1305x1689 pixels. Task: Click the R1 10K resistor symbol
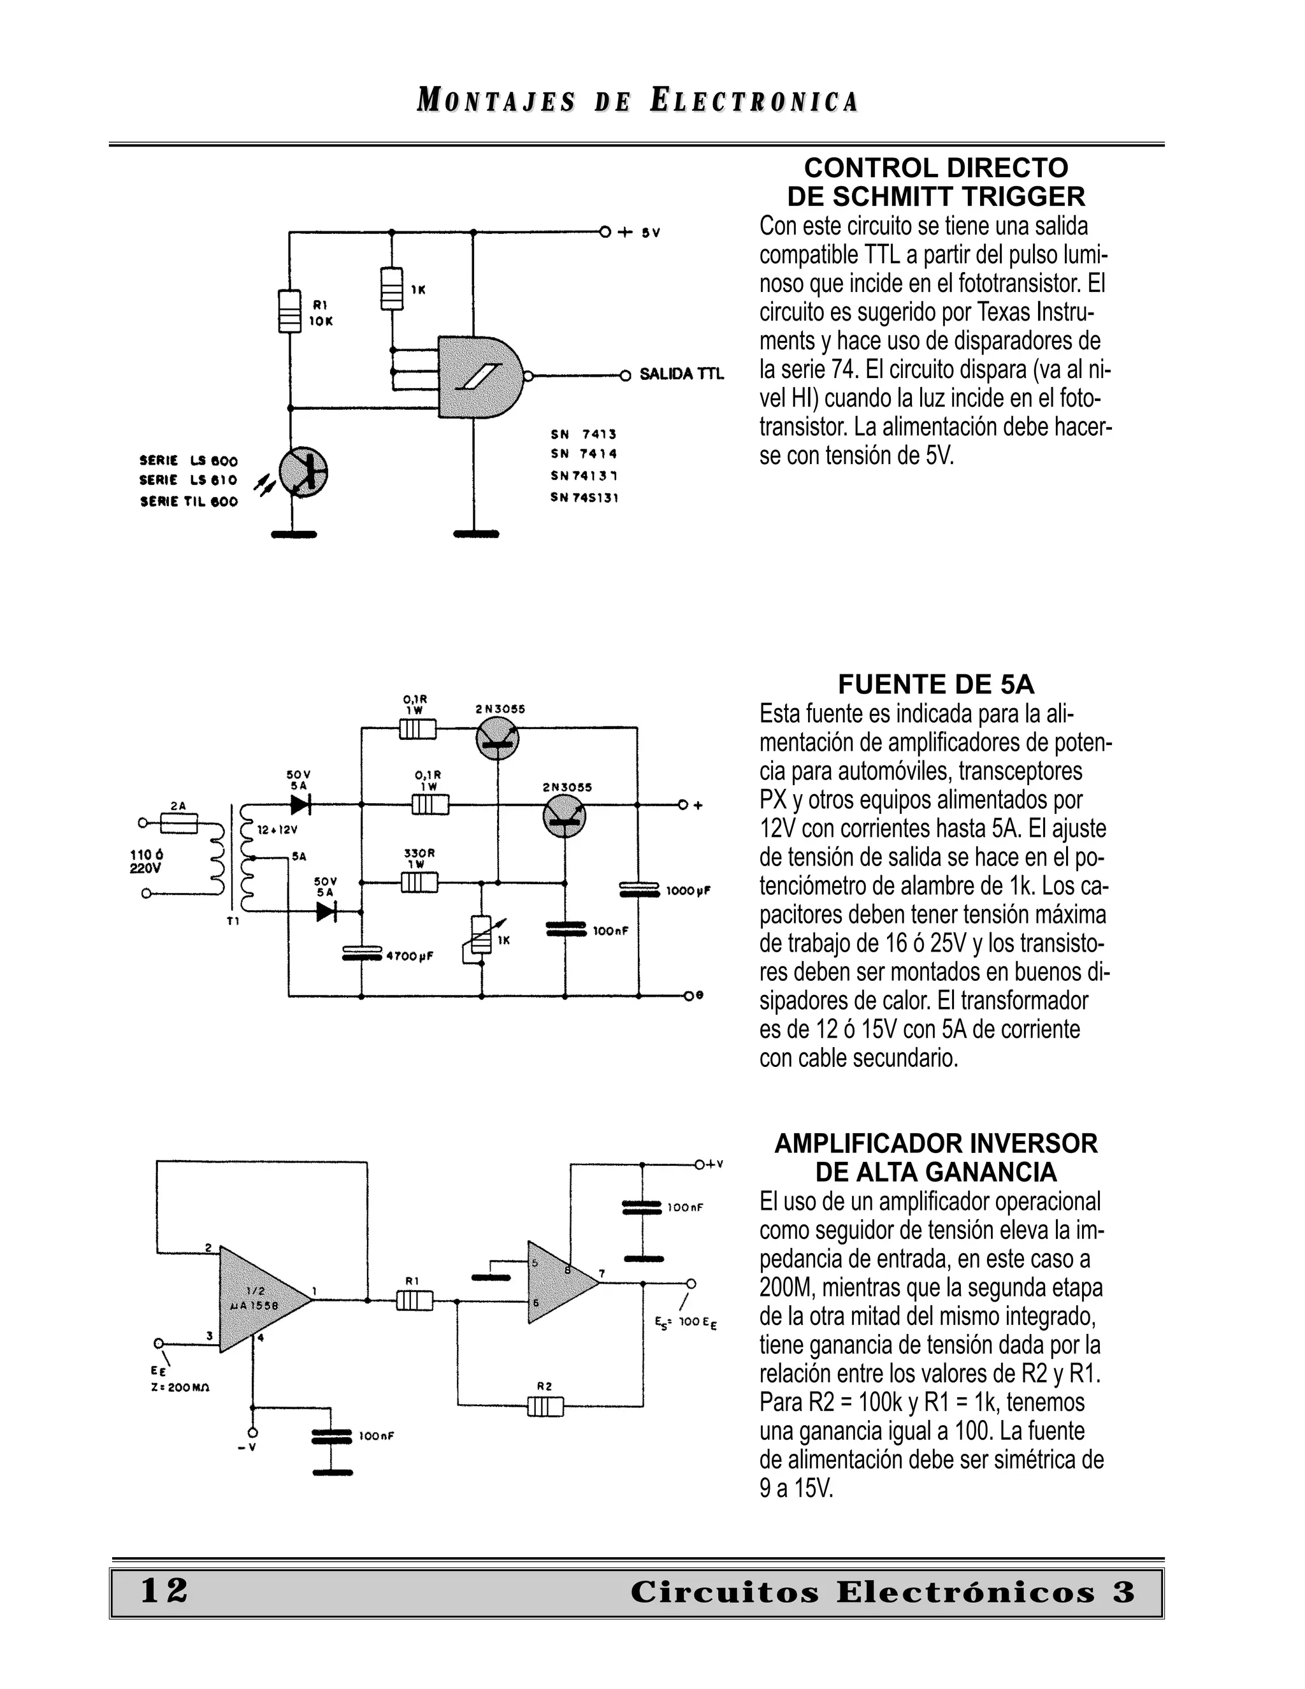point(289,311)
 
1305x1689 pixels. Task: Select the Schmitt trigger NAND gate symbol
point(478,377)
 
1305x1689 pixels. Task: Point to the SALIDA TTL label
point(681,374)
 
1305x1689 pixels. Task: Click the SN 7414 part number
point(584,454)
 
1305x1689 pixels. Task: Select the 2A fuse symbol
point(178,823)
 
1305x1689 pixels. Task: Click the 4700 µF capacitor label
point(410,956)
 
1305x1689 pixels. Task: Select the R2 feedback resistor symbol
point(545,1405)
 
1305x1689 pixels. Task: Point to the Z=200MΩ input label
point(180,1387)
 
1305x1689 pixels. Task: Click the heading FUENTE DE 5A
point(935,685)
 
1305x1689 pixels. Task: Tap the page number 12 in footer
point(164,1591)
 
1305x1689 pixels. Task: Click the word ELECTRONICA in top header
point(754,101)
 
